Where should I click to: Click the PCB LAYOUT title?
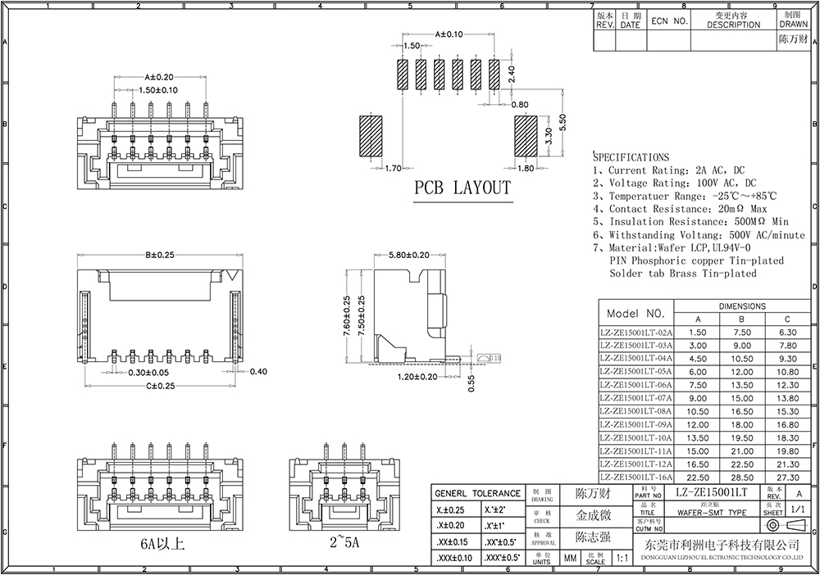[462, 188]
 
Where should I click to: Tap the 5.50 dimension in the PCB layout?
[563, 124]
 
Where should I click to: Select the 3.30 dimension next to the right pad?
[549, 136]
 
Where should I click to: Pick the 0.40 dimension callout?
[258, 371]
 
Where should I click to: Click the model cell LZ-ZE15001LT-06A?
[635, 384]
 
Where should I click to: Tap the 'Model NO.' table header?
[635, 314]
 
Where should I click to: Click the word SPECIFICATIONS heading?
[631, 156]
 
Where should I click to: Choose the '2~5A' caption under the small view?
[345, 543]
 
